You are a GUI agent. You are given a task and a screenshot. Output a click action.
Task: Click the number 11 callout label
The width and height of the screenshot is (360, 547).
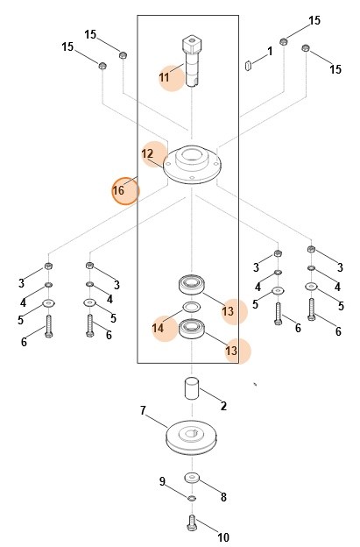(x=164, y=77)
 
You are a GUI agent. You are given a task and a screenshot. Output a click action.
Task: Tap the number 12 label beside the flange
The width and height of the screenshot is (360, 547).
(x=147, y=154)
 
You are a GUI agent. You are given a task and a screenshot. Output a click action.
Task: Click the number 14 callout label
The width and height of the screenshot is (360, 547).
(x=158, y=328)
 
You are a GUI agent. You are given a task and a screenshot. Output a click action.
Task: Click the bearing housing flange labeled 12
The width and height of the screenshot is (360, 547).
(x=192, y=164)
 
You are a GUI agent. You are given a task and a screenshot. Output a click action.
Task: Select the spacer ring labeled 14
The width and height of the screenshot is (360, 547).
(x=191, y=308)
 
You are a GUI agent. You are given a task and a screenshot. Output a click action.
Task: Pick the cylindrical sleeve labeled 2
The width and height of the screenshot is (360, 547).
(x=191, y=388)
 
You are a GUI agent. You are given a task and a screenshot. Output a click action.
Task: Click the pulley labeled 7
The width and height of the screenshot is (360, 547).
(x=191, y=437)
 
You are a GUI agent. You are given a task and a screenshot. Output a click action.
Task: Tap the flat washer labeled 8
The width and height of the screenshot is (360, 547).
(x=192, y=477)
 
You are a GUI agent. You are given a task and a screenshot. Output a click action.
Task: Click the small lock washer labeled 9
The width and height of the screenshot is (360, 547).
(x=192, y=498)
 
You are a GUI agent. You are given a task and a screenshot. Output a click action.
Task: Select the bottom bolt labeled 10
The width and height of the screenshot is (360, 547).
(x=192, y=522)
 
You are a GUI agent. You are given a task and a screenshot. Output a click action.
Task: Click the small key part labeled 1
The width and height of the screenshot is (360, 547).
(x=248, y=65)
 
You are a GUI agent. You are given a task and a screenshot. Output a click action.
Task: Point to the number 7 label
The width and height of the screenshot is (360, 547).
(x=143, y=410)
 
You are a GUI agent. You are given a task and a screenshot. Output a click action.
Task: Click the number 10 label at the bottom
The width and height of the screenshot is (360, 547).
(x=223, y=536)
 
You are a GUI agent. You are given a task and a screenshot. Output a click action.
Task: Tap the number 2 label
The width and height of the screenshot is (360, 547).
(x=223, y=406)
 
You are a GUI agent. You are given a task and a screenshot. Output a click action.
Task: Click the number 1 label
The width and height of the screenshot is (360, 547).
(x=270, y=51)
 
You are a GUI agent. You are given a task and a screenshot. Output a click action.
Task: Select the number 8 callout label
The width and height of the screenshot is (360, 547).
(x=223, y=497)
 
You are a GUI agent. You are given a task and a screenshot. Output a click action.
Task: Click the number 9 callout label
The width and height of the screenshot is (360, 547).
(x=162, y=481)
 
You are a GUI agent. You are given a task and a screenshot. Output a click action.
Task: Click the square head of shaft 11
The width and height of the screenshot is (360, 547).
(x=191, y=43)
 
